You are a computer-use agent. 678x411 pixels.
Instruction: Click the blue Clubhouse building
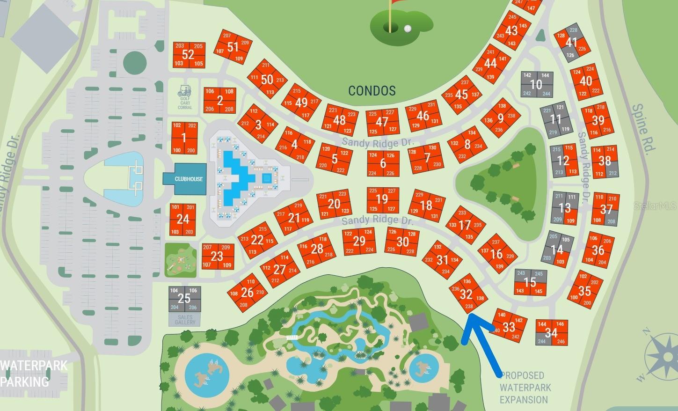click(x=184, y=179)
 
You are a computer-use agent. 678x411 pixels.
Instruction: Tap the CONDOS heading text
click(x=372, y=90)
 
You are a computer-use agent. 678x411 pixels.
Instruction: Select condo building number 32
click(x=466, y=294)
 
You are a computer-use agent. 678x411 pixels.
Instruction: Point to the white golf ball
click(x=408, y=29)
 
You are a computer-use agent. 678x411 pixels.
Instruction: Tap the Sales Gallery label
click(x=185, y=320)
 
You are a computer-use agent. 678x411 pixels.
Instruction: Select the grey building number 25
click(x=184, y=299)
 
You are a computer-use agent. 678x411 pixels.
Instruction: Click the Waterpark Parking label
click(x=34, y=373)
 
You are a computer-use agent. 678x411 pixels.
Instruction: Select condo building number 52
click(x=188, y=54)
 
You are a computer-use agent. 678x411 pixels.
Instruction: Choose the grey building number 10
click(x=536, y=85)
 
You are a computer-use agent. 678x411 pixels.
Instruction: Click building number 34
click(x=551, y=333)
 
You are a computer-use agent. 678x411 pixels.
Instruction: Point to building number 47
click(x=382, y=122)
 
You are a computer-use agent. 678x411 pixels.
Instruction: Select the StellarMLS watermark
click(x=656, y=205)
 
